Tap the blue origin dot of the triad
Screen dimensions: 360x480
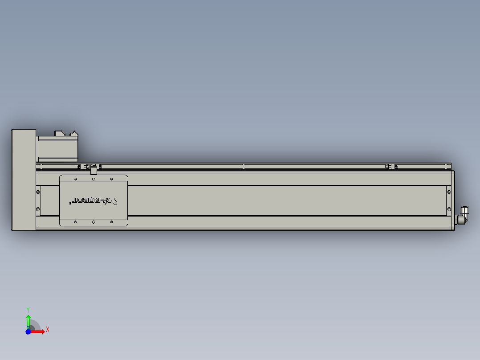28,331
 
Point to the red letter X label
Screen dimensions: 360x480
47,330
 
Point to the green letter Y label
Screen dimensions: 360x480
28,309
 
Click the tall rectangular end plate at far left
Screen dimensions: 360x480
23,180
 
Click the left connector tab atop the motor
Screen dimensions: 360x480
59,133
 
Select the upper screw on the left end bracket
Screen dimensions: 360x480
38,192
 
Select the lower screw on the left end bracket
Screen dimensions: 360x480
38,209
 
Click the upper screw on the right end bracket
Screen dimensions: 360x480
449,192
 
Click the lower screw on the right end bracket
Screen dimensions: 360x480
449,209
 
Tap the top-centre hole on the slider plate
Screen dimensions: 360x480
94,179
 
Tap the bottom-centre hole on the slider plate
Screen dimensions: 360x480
94,221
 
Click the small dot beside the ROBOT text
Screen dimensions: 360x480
70,203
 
